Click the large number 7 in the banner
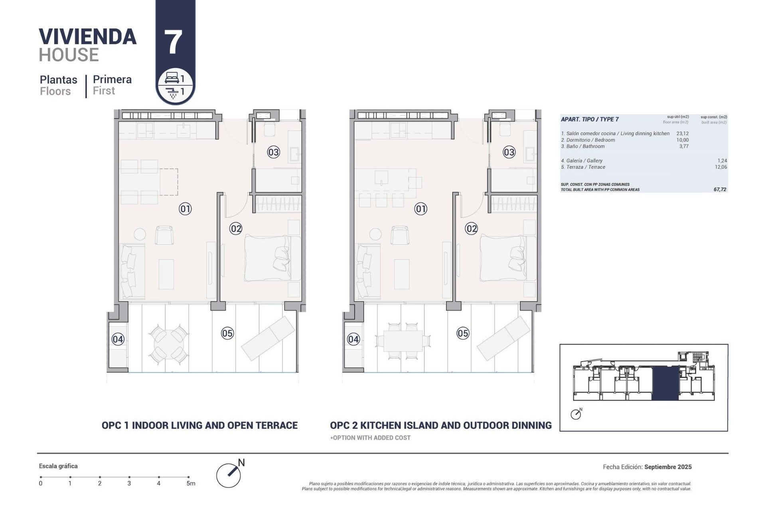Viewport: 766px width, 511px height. point(173,42)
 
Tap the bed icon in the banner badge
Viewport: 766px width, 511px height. point(172,78)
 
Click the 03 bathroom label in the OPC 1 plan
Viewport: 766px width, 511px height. point(273,152)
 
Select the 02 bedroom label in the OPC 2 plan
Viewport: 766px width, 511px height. point(472,229)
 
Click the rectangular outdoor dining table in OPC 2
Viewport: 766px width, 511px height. point(403,341)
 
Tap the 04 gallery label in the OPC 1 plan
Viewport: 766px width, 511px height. point(118,339)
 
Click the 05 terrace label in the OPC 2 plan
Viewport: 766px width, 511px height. point(463,333)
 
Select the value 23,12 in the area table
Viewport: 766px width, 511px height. point(682,134)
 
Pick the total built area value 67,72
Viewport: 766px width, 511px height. point(720,190)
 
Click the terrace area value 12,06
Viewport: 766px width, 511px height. point(721,167)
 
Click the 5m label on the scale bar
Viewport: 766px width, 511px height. point(191,483)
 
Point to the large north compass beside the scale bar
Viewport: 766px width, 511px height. point(229,475)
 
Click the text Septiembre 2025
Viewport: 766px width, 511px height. point(668,467)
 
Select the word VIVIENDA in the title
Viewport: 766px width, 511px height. point(88,37)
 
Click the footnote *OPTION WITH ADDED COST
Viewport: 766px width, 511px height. point(370,438)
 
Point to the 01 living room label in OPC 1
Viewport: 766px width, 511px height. point(185,209)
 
